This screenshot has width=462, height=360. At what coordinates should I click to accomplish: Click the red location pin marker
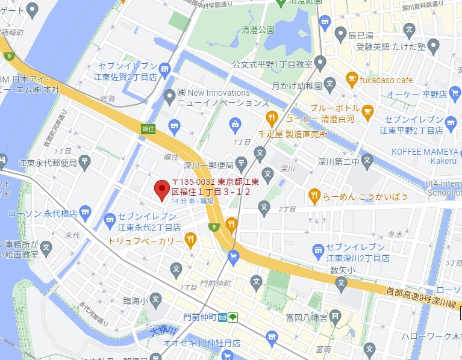pyautogui.click(x=161, y=189)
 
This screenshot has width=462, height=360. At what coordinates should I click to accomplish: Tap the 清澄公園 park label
pyautogui.click(x=258, y=29)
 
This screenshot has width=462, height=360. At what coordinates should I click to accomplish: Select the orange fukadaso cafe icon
pyautogui.click(x=352, y=78)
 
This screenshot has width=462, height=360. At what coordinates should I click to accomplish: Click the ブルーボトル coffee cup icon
pyautogui.click(x=367, y=110)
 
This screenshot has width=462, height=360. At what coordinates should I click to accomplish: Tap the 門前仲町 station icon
pyautogui.click(x=222, y=317)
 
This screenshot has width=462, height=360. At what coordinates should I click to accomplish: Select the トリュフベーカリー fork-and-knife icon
pyautogui.click(x=190, y=240)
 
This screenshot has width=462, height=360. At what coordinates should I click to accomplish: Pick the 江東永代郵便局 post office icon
pyautogui.click(x=85, y=161)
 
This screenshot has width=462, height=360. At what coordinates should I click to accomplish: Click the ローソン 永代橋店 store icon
pyautogui.click(x=86, y=211)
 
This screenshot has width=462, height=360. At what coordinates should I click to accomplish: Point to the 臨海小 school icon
pyautogui.click(x=155, y=299)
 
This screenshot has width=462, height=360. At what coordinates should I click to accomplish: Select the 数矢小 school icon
pyautogui.click(x=341, y=282)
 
